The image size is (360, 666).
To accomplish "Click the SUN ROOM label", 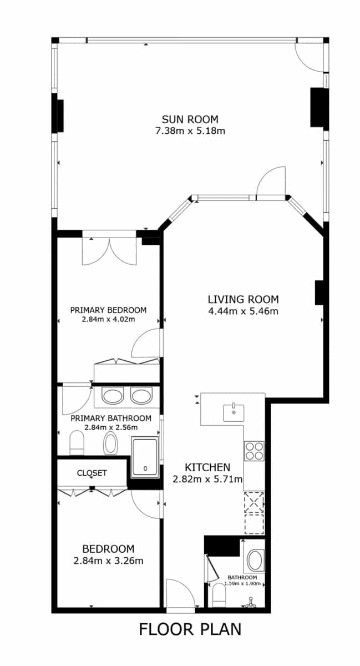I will [x=190, y=119].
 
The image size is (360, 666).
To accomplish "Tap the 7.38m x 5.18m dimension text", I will [x=190, y=131].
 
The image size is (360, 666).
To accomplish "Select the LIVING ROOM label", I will [x=243, y=299].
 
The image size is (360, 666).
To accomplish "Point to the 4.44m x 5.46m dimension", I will [x=243, y=311].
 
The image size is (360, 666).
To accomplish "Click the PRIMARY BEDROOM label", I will [x=108, y=310].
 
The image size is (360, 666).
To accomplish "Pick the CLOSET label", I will [x=92, y=473].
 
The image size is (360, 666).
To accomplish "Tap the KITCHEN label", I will [x=207, y=467].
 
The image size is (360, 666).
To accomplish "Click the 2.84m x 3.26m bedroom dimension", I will [x=108, y=561].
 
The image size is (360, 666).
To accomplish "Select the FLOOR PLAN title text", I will [x=190, y=629].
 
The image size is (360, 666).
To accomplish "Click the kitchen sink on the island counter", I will [x=234, y=412].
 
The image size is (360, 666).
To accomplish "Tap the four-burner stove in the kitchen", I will [x=254, y=450].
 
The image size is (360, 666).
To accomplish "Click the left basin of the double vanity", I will [x=114, y=397].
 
